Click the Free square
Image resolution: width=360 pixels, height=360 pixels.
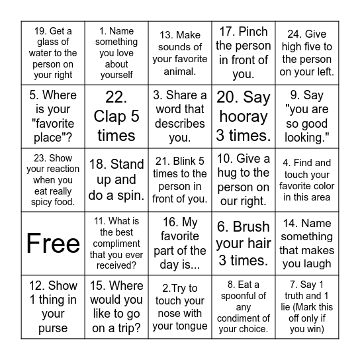pyautogui.click(x=53, y=244)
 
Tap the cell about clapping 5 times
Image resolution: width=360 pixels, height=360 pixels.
pyautogui.click(x=116, y=116)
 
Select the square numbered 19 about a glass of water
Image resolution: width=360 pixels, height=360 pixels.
pyautogui.click(x=53, y=53)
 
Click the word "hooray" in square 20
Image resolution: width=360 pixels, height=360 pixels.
pyautogui.click(x=244, y=116)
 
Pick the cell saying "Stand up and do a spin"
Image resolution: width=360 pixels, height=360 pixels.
pyautogui.click(x=116, y=180)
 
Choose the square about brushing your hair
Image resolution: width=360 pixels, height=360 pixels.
pyautogui.click(x=244, y=244)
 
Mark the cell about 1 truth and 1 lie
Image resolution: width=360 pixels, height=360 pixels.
pyautogui.click(x=307, y=307)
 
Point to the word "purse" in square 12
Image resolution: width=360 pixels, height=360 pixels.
pyautogui.click(x=53, y=328)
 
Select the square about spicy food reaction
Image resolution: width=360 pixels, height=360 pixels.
pyautogui.click(x=53, y=180)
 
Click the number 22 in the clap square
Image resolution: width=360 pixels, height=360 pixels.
pyautogui.click(x=116, y=98)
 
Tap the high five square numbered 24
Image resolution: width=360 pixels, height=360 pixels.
pyautogui.click(x=307, y=53)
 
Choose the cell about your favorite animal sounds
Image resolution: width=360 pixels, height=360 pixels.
pyautogui.click(x=180, y=53)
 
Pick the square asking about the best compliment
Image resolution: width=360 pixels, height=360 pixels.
pyautogui.click(x=116, y=244)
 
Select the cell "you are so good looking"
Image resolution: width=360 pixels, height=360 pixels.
pyautogui.click(x=307, y=116)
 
